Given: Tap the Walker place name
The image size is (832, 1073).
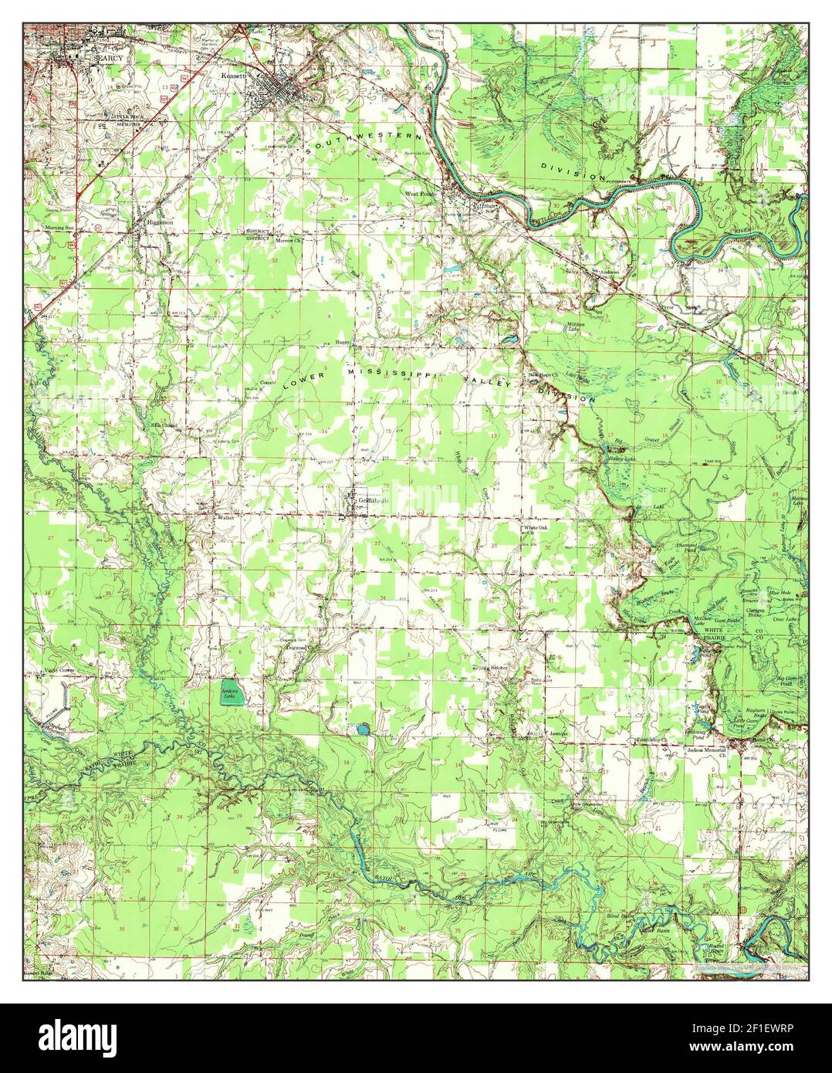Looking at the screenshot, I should (x=225, y=518).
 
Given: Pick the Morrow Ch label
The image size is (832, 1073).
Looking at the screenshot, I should (x=288, y=240).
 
